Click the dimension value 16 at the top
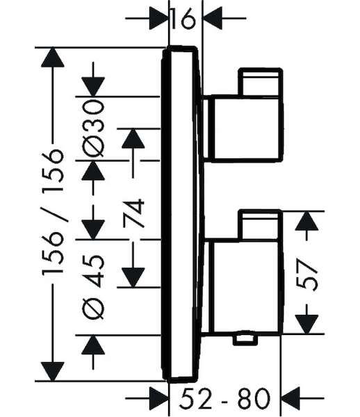point(183,18)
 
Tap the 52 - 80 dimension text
point(224,398)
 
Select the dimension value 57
point(307,275)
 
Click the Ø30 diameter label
point(93,129)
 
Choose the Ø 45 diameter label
point(93,286)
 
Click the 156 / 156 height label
point(53,212)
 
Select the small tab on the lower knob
point(261,224)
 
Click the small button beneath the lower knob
point(245,338)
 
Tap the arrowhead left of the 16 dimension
point(158,18)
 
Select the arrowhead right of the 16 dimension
point(212,18)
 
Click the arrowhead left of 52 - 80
point(158,398)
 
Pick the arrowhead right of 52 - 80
point(291,398)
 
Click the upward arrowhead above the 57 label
point(306,221)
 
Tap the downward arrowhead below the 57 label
point(306,325)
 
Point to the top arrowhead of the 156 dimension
point(53,57)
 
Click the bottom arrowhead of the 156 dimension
point(53,372)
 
